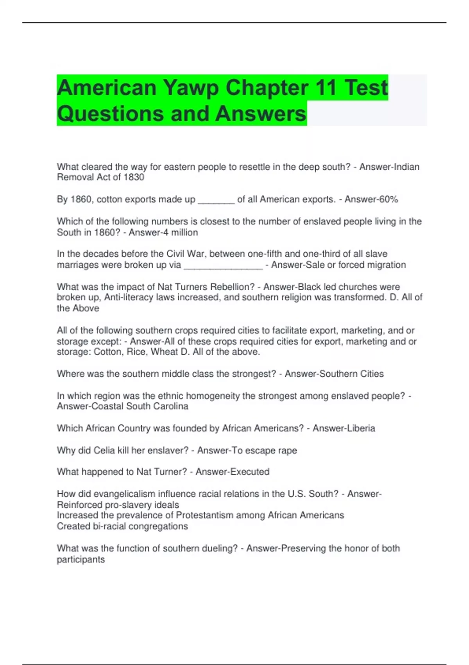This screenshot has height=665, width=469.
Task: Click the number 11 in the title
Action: click(x=326, y=88)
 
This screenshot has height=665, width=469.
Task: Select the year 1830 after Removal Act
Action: click(x=134, y=177)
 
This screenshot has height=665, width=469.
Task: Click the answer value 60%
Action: click(x=388, y=199)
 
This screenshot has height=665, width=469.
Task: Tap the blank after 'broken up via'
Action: click(x=223, y=266)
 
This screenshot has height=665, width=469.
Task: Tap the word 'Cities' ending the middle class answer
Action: click(x=372, y=374)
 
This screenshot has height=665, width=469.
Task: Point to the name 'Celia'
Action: click(x=104, y=450)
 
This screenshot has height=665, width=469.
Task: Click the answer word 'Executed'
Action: click(x=251, y=472)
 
